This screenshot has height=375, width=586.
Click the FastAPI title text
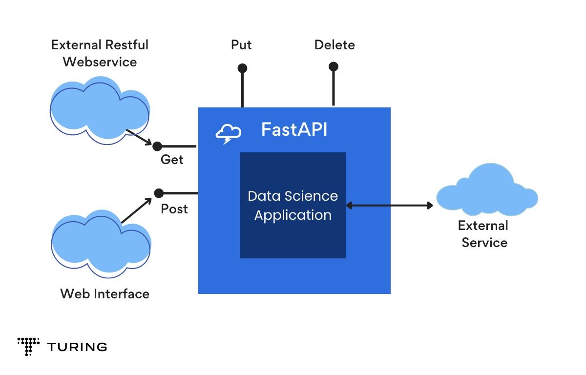pyautogui.click(x=294, y=130)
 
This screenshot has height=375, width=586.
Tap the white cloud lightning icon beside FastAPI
pyautogui.click(x=229, y=133)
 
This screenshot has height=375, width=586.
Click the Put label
pyautogui.click(x=241, y=45)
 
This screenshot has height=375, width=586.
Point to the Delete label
pyautogui.click(x=335, y=45)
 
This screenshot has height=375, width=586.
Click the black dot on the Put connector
pyautogui.click(x=242, y=68)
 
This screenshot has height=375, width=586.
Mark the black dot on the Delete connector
pyautogui.click(x=334, y=66)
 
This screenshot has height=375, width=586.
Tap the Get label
pyautogui.click(x=172, y=160)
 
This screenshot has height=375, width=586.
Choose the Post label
pyautogui.click(x=174, y=209)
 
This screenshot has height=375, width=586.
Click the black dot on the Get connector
pyautogui.click(x=157, y=146)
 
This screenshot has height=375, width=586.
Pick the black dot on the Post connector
pyautogui.click(x=159, y=193)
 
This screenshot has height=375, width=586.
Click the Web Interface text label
pyautogui.click(x=105, y=293)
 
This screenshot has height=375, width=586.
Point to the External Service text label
pyautogui.click(x=484, y=234)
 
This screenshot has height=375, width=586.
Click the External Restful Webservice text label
pyautogui.click(x=100, y=53)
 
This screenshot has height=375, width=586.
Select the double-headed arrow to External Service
pyautogui.click(x=389, y=206)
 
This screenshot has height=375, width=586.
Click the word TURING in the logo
pyautogui.click(x=77, y=347)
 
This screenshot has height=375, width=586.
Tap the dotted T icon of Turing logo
pyautogui.click(x=28, y=346)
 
